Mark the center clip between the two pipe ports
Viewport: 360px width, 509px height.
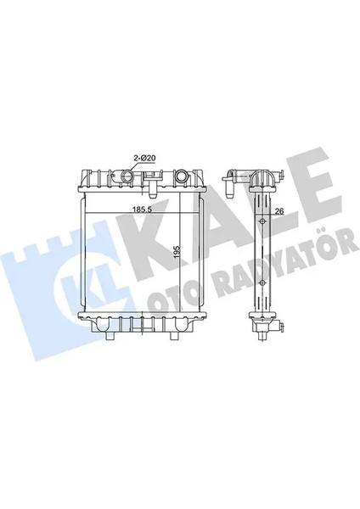153,182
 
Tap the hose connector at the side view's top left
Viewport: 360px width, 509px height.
228,180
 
